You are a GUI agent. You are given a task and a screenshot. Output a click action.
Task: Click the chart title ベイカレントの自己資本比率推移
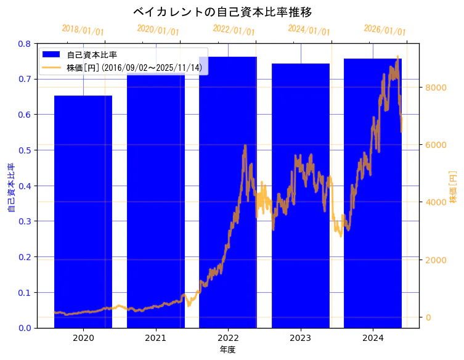pyautogui.click(x=227, y=12)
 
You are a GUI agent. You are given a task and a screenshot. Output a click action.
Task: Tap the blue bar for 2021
pyautogui.click(x=156, y=203)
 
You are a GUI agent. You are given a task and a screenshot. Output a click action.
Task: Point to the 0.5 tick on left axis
pyautogui.click(x=25, y=150)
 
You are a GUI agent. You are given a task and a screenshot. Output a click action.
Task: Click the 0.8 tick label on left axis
pyautogui.click(x=25, y=44)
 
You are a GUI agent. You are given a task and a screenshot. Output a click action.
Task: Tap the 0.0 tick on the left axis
pyautogui.click(x=25, y=328)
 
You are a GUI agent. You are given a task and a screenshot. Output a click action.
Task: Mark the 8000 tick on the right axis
pyautogui.click(x=436, y=88)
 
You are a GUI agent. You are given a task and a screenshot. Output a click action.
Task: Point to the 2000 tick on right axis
pyautogui.click(x=436, y=260)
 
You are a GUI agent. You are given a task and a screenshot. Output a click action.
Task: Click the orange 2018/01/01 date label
pyautogui.click(x=83, y=30)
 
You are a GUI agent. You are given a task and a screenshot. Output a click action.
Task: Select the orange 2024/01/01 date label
pyautogui.click(x=309, y=30)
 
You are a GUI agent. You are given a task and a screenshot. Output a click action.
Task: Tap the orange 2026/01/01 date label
pyautogui.click(x=385, y=30)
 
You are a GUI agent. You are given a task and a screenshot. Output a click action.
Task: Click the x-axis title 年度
pyautogui.click(x=227, y=350)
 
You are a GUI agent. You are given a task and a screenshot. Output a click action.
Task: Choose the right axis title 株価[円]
pyautogui.click(x=454, y=187)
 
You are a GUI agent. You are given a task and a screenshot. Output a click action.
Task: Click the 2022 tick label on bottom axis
pyautogui.click(x=228, y=338)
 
